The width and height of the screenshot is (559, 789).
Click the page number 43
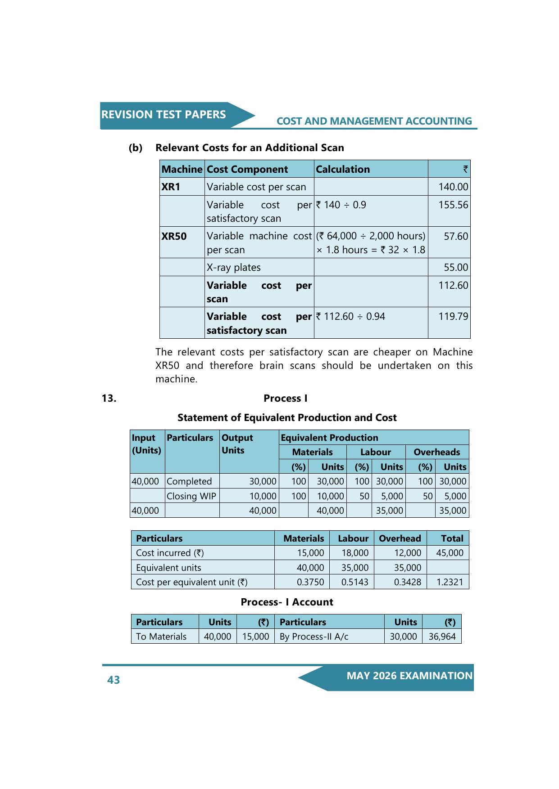pyautogui.click(x=114, y=680)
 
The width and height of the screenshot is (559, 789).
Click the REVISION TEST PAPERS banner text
pyautogui.click(x=164, y=115)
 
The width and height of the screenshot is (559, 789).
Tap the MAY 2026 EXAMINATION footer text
pyautogui.click(x=409, y=676)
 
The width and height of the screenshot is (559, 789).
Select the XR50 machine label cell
pyautogui.click(x=174, y=236)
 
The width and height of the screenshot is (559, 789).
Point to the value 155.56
pyautogui.click(x=453, y=205)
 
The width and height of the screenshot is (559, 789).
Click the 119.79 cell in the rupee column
pyautogui.click(x=453, y=317)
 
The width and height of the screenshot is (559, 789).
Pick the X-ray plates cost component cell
pyautogui.click(x=234, y=268)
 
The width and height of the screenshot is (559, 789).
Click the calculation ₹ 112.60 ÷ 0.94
pyautogui.click(x=350, y=317)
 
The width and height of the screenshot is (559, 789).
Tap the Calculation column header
pyautogui.click(x=343, y=169)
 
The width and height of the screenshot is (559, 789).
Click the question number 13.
pyautogui.click(x=109, y=398)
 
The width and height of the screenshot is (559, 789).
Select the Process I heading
pyautogui.click(x=286, y=398)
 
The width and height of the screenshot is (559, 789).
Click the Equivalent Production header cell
pyautogui.click(x=329, y=438)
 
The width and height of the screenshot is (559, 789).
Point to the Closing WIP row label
pyautogui.click(x=191, y=496)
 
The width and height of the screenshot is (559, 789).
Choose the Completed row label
pyautogui.click(x=189, y=481)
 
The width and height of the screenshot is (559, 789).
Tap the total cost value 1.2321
pyautogui.click(x=450, y=582)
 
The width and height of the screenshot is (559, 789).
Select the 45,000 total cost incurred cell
pyautogui.click(x=450, y=553)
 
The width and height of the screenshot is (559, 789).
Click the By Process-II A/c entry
pyautogui.click(x=314, y=637)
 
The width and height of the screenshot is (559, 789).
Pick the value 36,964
pyautogui.click(x=442, y=637)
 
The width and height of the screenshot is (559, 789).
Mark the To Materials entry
pyautogui.click(x=161, y=637)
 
